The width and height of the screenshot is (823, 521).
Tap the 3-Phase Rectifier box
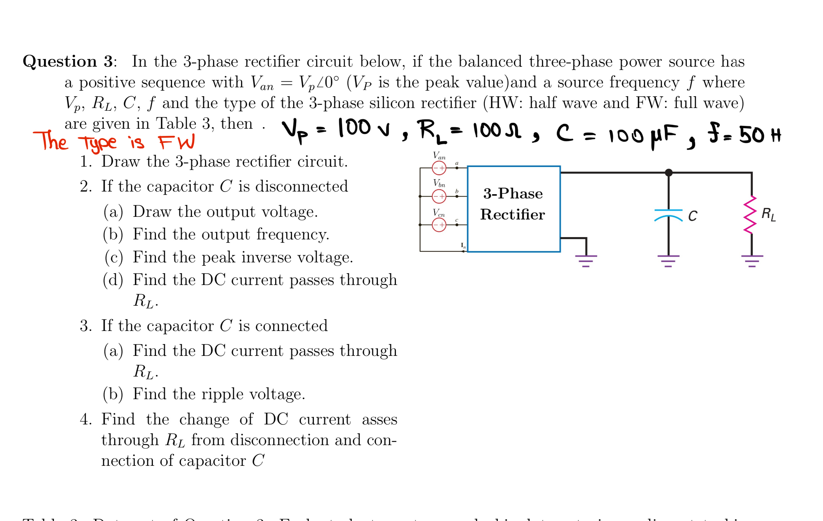[513, 209]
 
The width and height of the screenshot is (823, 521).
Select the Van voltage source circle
[439, 168]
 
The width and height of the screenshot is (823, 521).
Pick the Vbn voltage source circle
[439, 196]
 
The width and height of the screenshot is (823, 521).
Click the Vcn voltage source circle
[439, 225]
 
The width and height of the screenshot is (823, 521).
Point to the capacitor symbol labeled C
[669, 215]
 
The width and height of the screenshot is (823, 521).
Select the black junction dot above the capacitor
[669, 173]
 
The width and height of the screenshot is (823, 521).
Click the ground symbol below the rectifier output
[586, 260]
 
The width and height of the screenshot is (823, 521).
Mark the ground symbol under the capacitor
[669, 260]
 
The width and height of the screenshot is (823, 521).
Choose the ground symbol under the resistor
[752, 260]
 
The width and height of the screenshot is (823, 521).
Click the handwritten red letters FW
[177, 142]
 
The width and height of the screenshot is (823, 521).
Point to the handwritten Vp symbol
[294, 130]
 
